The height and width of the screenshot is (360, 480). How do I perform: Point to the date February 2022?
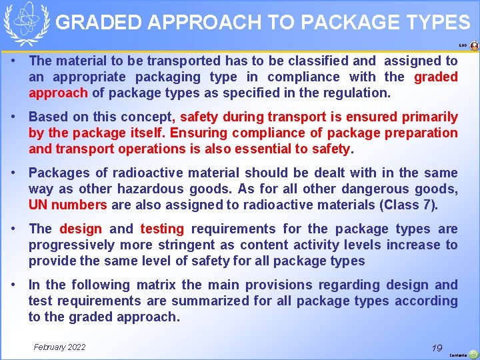59,347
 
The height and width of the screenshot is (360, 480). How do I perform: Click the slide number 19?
437,348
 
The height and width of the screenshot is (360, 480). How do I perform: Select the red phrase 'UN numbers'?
67,205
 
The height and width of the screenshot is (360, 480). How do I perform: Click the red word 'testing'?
162,229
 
